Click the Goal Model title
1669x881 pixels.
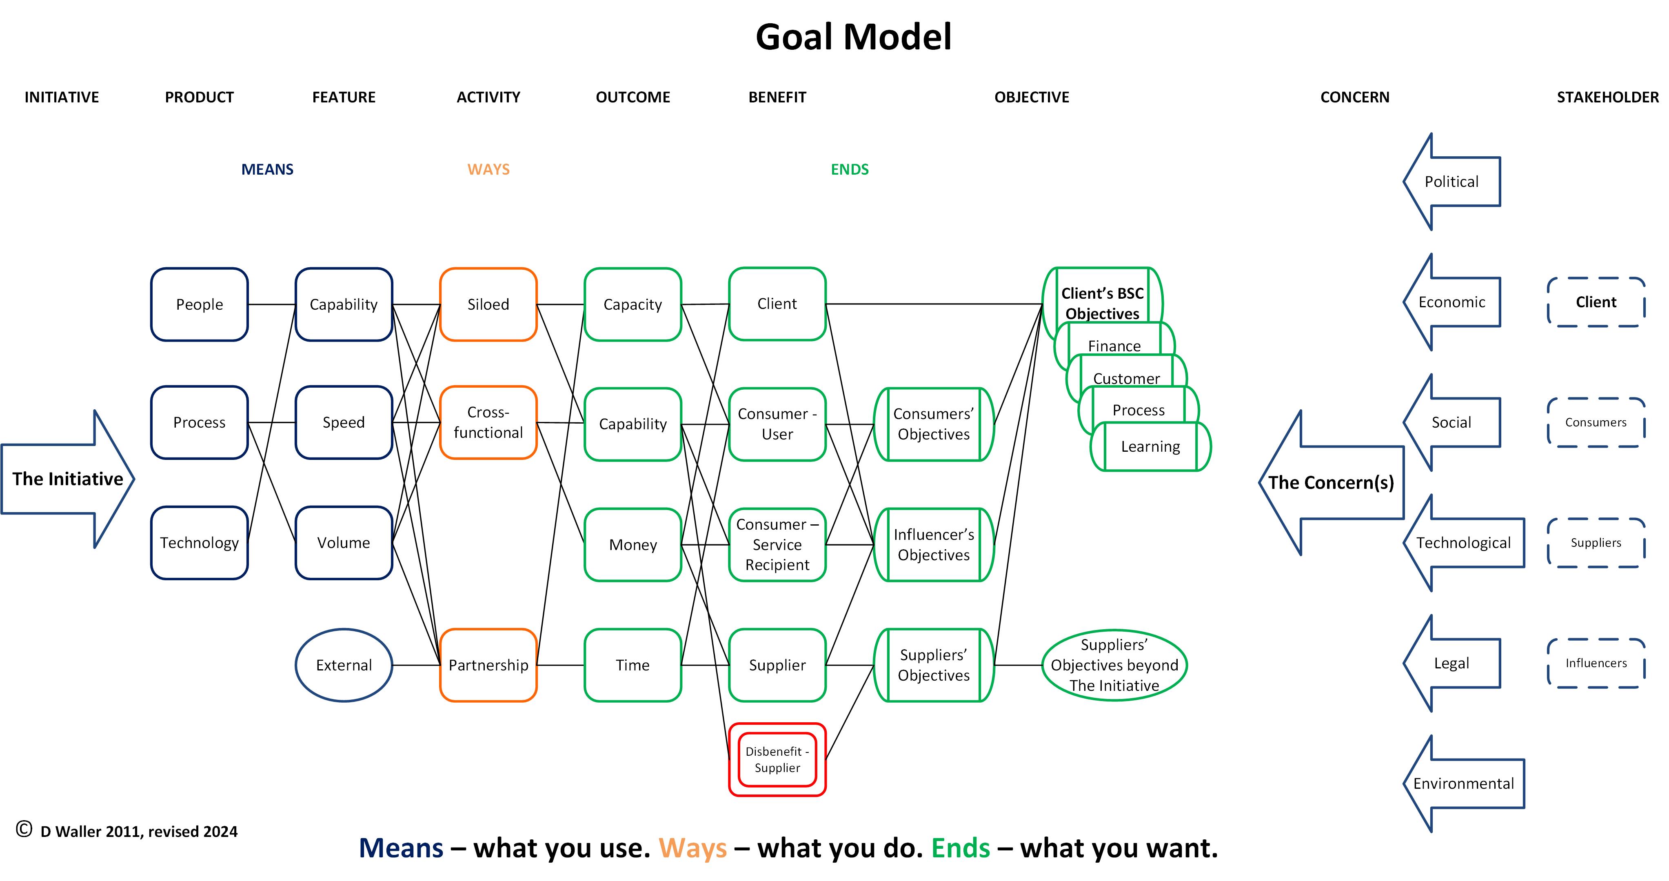point(853,37)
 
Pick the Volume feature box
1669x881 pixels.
point(343,543)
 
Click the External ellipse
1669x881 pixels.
point(343,665)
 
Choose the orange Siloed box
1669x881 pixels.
point(488,304)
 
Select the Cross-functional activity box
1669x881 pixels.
point(488,422)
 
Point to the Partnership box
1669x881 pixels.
point(488,665)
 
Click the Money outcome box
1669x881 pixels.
point(633,545)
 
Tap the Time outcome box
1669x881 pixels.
point(633,665)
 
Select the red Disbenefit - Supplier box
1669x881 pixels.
point(777,760)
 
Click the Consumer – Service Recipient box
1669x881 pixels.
point(777,545)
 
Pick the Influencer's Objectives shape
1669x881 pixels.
point(934,545)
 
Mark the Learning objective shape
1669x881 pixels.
point(1151,447)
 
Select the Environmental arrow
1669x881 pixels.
point(1463,784)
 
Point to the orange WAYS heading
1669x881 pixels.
point(488,170)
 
